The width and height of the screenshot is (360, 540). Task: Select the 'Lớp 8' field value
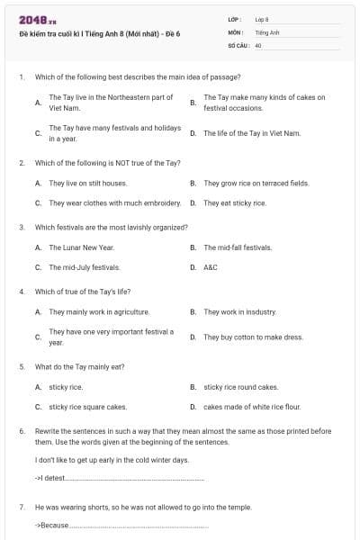262,19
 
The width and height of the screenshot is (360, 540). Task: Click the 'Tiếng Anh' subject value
268,31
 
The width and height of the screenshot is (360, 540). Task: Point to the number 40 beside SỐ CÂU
258,44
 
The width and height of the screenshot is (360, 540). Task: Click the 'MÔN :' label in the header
235,31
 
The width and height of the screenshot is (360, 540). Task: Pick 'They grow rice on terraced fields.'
256,183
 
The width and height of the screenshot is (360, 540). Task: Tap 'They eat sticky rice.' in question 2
235,202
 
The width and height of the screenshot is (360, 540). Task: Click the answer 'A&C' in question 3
211,267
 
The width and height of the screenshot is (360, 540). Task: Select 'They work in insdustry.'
239,311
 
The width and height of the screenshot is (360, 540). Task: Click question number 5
22,367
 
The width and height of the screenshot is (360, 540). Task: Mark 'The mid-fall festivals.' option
238,247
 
